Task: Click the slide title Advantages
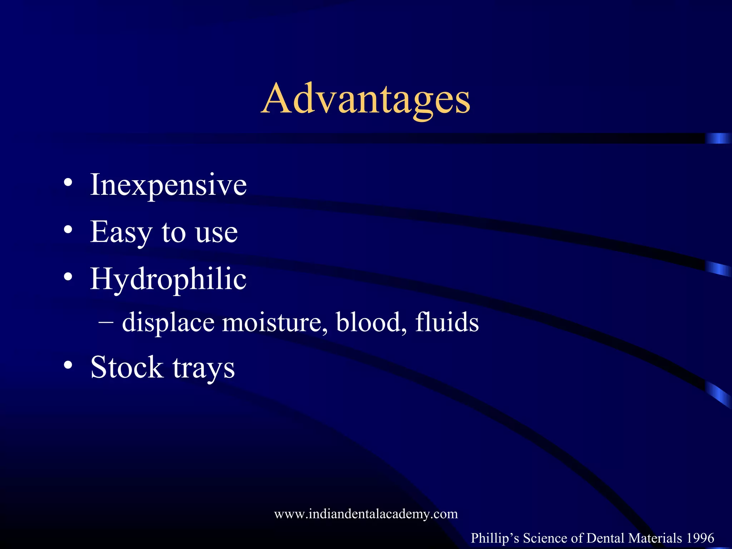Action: [365, 99]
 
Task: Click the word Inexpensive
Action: [168, 185]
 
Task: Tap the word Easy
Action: [121, 232]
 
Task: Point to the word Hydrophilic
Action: [168, 280]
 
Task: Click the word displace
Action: [168, 323]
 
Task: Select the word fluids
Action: [447, 322]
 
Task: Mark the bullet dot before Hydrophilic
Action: [68, 277]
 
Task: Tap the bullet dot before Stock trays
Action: [68, 365]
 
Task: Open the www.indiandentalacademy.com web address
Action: [366, 514]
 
